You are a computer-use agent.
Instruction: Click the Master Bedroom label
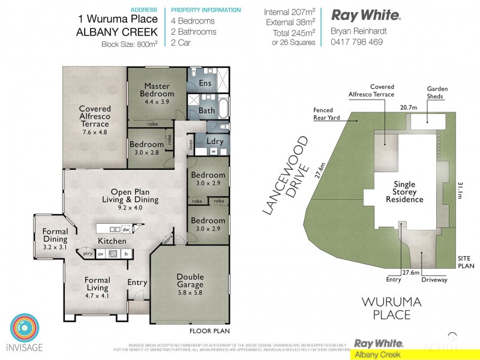click(x=157, y=90)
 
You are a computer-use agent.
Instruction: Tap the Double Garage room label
click(x=190, y=280)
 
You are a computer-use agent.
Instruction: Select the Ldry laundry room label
click(x=214, y=142)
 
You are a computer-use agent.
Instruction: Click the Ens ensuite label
click(x=205, y=83)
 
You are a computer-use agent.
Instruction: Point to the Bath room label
click(x=206, y=111)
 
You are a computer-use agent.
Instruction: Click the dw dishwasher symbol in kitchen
click(x=127, y=229)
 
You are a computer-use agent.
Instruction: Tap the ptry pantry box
click(x=88, y=254)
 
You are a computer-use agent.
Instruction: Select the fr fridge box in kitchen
click(x=126, y=254)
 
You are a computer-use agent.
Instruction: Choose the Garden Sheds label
click(x=437, y=92)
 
